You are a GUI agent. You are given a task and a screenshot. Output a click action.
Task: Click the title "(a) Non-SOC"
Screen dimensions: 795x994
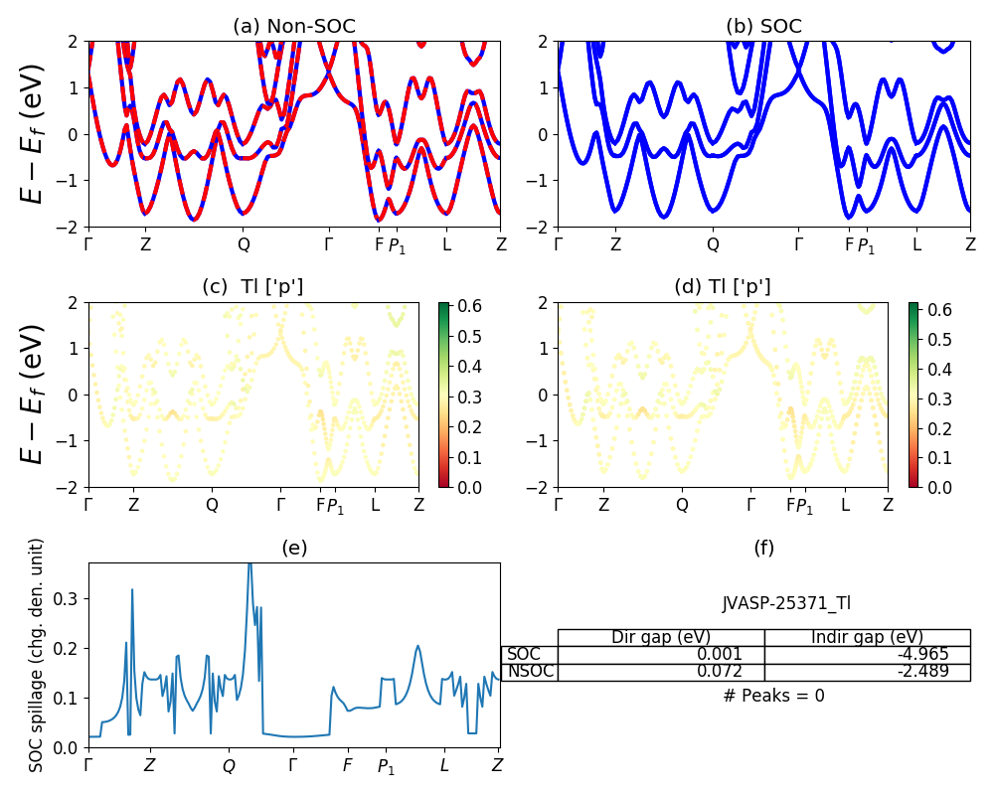[x=293, y=27]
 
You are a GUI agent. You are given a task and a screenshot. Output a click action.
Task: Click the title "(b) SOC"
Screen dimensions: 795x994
[x=763, y=27]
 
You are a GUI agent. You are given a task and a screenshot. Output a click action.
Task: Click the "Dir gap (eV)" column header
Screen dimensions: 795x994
[x=661, y=637]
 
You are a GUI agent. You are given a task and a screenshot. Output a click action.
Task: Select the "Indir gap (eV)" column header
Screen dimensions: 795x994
[x=867, y=637]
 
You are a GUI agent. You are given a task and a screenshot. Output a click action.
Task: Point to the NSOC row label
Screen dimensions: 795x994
[x=530, y=672]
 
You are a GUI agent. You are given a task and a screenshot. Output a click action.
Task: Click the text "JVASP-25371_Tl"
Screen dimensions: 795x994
[x=785, y=603]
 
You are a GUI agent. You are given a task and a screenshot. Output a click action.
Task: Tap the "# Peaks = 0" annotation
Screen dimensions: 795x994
[x=773, y=696]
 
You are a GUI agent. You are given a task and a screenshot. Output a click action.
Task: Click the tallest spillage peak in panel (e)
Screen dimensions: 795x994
[x=249, y=564]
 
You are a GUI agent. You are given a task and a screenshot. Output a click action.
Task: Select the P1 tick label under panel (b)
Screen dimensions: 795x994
[x=867, y=245]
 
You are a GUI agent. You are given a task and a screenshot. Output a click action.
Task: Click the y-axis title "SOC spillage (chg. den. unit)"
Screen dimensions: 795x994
[x=37, y=655]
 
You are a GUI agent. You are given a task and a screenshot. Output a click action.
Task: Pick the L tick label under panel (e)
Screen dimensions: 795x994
[x=444, y=766]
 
